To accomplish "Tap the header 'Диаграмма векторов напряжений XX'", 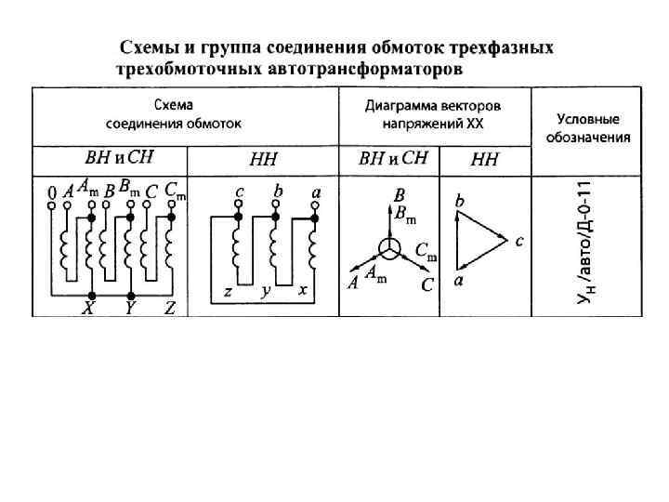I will click(434, 114).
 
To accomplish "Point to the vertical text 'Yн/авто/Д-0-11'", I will click(584, 243).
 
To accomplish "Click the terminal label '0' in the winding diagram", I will click(51, 192).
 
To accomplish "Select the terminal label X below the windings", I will click(88, 309).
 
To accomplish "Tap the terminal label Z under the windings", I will click(169, 309).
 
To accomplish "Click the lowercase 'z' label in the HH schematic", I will click(227, 291).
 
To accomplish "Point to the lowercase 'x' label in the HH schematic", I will click(303, 291).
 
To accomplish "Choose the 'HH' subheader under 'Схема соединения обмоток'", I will click(263, 159).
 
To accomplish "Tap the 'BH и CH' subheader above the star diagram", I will click(393, 159).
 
